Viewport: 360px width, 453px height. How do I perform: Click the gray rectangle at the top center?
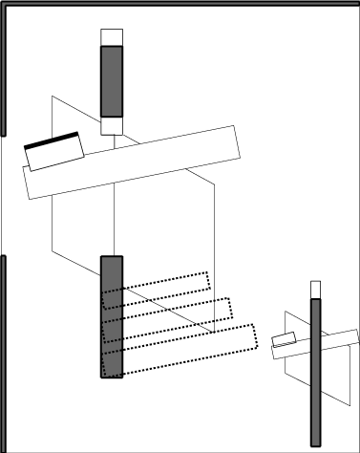(112, 81)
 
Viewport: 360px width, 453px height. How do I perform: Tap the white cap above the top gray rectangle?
(112, 37)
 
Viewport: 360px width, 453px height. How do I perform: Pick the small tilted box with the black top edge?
(55, 153)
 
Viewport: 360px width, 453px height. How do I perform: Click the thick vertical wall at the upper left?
(4, 72)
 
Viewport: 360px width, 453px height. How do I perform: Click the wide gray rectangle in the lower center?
(112, 316)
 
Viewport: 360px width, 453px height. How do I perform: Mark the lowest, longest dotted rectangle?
(191, 349)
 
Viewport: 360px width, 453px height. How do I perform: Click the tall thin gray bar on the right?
(316, 373)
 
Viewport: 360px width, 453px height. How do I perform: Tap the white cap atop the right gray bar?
(316, 289)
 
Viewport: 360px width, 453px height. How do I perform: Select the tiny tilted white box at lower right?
(285, 338)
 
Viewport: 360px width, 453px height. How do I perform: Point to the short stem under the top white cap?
(115, 140)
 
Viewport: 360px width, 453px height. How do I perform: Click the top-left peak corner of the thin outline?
(53, 97)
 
